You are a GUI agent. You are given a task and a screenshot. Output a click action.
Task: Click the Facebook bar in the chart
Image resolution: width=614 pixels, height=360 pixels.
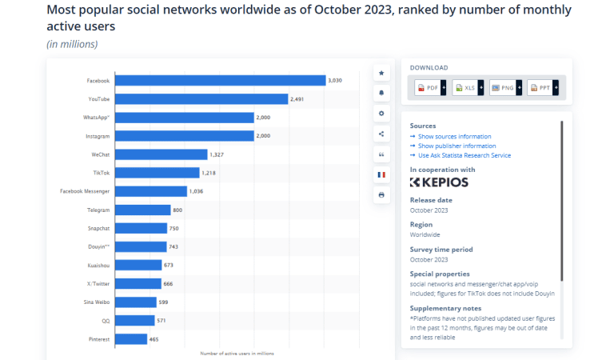click(220, 80)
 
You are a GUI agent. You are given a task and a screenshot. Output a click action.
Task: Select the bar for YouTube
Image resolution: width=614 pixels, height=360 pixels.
click(201, 98)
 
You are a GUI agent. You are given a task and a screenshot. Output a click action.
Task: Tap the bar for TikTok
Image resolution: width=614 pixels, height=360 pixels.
click(157, 173)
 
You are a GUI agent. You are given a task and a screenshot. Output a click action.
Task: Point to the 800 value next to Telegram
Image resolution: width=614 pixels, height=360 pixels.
click(178, 210)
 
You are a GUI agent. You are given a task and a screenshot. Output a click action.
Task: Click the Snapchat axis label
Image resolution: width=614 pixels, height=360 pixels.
click(98, 228)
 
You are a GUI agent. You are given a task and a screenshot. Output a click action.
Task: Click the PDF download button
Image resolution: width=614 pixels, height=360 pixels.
click(429, 87)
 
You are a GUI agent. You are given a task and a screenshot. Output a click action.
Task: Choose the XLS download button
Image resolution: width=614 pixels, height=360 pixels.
click(465, 87)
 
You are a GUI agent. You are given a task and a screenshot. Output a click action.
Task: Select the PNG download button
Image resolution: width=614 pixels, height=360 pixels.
click(503, 87)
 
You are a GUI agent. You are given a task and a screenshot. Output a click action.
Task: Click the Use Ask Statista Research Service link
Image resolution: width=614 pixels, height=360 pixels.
click(464, 155)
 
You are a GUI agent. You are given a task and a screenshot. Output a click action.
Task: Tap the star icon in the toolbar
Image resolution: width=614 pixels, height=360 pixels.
click(381, 73)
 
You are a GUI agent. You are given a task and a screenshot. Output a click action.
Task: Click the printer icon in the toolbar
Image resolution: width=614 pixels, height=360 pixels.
click(381, 194)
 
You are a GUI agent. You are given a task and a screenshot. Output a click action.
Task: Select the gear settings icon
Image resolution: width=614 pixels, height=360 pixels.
click(381, 114)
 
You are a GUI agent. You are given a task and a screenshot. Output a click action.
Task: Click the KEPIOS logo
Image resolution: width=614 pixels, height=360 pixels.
click(439, 182)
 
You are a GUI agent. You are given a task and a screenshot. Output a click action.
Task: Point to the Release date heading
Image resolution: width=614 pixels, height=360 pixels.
click(431, 200)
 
